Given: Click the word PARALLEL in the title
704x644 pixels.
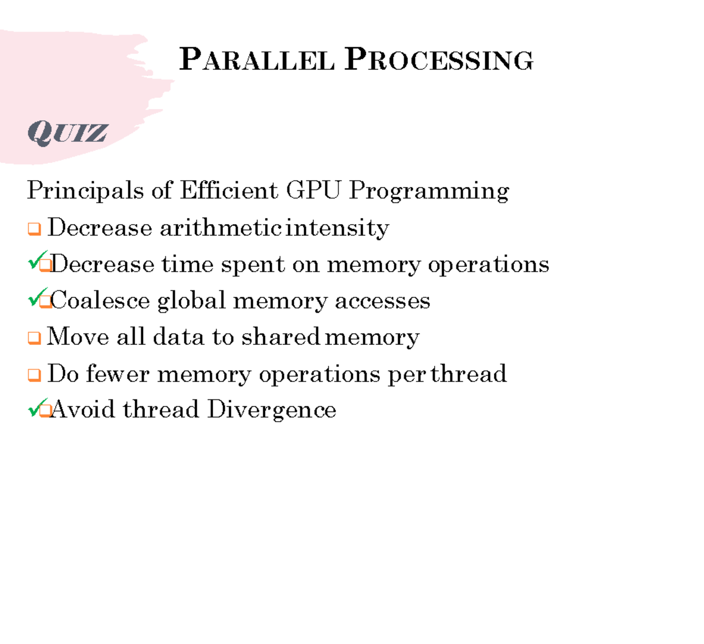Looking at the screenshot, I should pyautogui.click(x=257, y=60).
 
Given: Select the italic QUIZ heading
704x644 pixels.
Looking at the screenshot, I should pyautogui.click(x=67, y=133).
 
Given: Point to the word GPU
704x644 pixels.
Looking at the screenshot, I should pyautogui.click(x=313, y=191).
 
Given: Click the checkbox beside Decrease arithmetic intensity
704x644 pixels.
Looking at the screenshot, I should pyautogui.click(x=35, y=229).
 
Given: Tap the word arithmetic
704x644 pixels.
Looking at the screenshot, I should pyautogui.click(x=220, y=228).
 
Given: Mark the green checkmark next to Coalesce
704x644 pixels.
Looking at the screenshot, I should pyautogui.click(x=37, y=297).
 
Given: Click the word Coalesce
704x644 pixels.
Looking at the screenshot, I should pyautogui.click(x=100, y=300).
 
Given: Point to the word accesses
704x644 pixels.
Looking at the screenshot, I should pyautogui.click(x=383, y=300).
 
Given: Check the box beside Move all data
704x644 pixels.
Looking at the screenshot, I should pyautogui.click(x=35, y=338).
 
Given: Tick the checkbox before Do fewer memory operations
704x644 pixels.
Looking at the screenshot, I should pyautogui.click(x=35, y=375).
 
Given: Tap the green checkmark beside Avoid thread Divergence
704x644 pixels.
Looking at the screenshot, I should pyautogui.click(x=37, y=406).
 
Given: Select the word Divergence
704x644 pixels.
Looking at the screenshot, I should pyautogui.click(x=272, y=410).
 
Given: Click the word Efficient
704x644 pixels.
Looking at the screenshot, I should pyautogui.click(x=229, y=191).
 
